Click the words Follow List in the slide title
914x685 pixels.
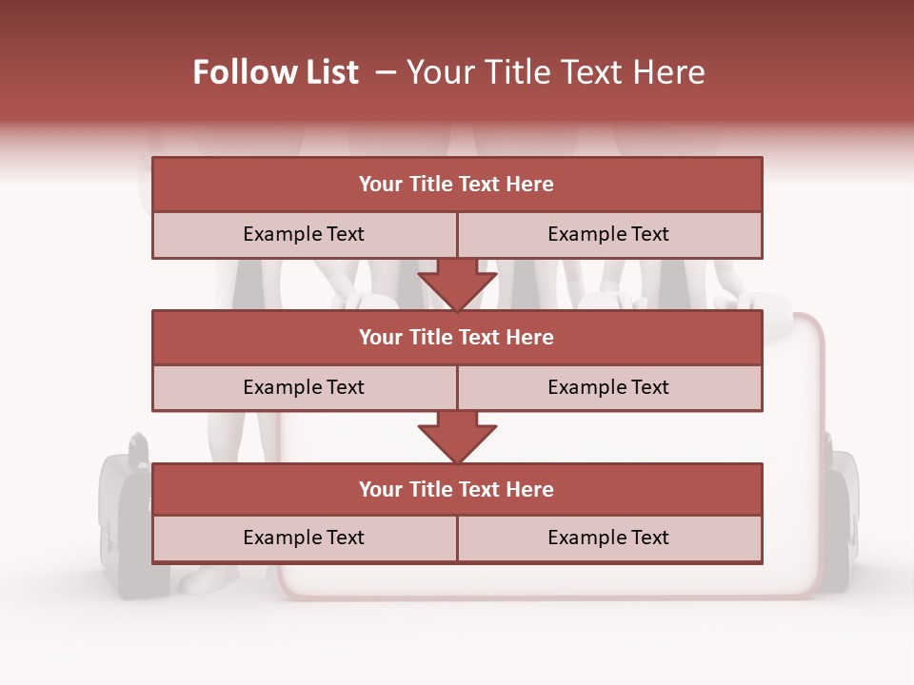point(275,72)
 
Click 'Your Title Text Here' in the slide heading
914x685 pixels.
point(555,72)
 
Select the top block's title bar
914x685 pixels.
point(457,185)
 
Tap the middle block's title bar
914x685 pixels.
point(457,337)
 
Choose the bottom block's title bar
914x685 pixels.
point(457,489)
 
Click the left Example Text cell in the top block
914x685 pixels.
point(304,234)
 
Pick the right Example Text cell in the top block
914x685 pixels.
point(609,234)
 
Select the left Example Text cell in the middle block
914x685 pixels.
point(304,387)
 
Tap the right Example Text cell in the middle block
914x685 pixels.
point(609,387)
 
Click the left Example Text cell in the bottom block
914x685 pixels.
point(304,538)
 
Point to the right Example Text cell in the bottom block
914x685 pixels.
point(609,538)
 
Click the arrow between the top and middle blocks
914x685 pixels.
point(457,284)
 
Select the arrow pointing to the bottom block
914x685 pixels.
point(457,437)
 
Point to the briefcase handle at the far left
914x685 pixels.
point(139,444)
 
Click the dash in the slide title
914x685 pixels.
point(386,72)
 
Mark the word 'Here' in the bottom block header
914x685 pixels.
point(529,489)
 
